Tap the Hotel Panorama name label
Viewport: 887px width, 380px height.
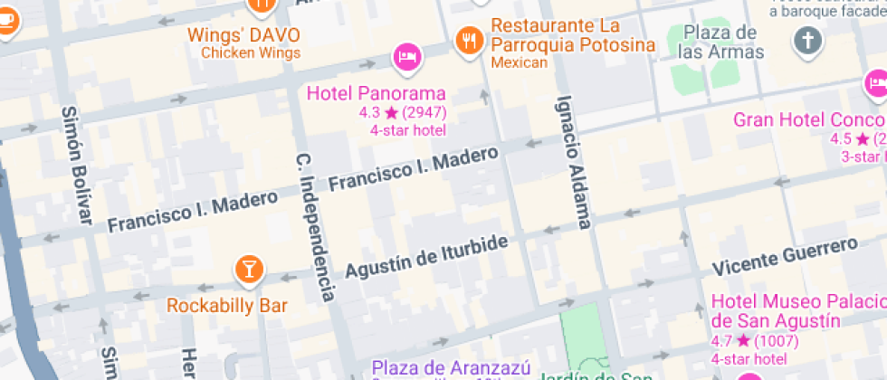(377, 93)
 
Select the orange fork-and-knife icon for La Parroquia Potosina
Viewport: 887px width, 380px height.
(469, 39)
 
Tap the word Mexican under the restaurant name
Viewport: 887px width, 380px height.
(520, 62)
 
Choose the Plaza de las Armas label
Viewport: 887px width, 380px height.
(720, 42)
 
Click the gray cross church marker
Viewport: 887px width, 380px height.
(807, 40)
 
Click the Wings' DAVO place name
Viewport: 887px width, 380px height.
(243, 36)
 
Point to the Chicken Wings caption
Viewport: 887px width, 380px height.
(250, 53)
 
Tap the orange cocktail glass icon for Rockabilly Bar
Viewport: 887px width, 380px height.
(247, 268)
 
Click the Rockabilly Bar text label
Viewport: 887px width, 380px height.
(227, 305)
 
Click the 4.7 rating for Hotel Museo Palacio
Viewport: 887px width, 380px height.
(755, 341)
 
